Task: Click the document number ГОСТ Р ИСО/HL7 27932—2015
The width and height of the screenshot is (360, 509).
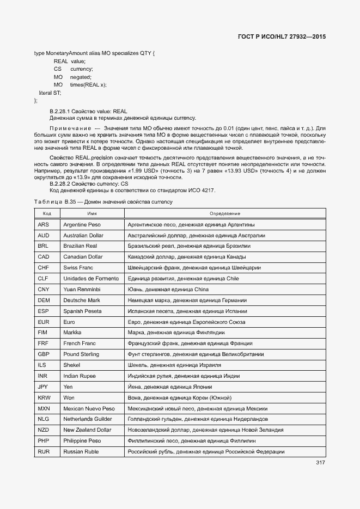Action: [x=282, y=37]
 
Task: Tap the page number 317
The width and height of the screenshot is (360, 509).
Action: [x=320, y=463]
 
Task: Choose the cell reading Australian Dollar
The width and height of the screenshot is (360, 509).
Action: [x=83, y=235]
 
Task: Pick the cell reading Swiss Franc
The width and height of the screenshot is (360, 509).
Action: [x=78, y=268]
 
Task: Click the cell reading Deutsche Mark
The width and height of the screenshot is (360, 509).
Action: [x=82, y=300]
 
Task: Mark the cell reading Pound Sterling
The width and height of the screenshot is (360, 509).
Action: [x=81, y=354]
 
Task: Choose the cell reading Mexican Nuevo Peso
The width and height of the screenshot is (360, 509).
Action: [x=89, y=408]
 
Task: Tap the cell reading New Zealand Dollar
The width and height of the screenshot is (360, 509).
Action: [x=87, y=430]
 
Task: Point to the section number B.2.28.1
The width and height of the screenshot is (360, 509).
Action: [x=65, y=111]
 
